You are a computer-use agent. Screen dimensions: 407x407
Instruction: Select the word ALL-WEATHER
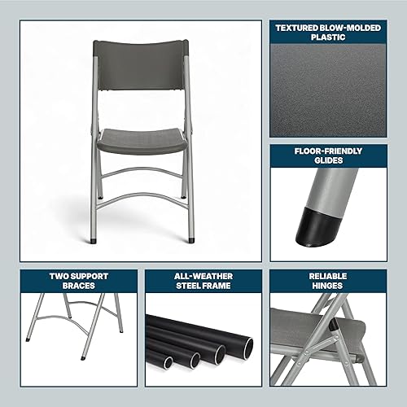pyautogui.click(x=203, y=276)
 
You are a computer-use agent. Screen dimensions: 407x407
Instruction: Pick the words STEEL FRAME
pyautogui.click(x=203, y=286)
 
